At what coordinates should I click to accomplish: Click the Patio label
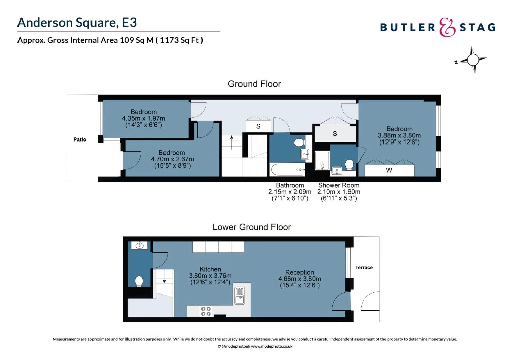coord(80,139)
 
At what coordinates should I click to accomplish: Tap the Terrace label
coord(364,267)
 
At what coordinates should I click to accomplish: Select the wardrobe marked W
coord(390,170)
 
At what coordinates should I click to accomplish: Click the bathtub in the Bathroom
coord(287,169)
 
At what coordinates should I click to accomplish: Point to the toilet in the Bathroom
coord(299,143)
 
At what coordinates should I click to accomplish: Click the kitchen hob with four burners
coord(206,311)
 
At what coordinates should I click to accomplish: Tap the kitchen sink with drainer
coord(239,296)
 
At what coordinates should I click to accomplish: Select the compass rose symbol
coord(473,60)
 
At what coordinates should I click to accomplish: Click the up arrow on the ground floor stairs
coord(232,142)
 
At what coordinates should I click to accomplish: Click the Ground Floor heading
coord(254,84)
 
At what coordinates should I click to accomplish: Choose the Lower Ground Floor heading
coord(252,227)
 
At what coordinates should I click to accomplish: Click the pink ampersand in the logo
coord(447,27)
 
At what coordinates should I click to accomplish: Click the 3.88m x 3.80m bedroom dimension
coord(399,135)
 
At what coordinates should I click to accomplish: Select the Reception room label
coord(299,272)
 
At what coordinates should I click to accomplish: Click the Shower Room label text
coord(338,185)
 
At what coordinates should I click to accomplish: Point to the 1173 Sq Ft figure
coord(179,40)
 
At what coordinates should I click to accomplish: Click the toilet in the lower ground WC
coord(139,281)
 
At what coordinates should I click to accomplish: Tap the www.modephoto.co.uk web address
coord(271,346)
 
